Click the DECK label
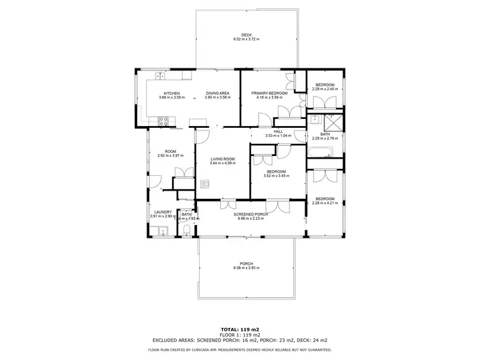click(246, 35)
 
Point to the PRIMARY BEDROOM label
click(269, 93)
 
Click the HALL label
click(278, 131)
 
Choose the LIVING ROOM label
click(222, 159)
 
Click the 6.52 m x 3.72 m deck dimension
click(246, 40)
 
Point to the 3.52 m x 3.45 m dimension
click(276, 176)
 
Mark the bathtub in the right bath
click(319, 152)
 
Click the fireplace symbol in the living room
click(205, 184)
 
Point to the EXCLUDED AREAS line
click(240, 340)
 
